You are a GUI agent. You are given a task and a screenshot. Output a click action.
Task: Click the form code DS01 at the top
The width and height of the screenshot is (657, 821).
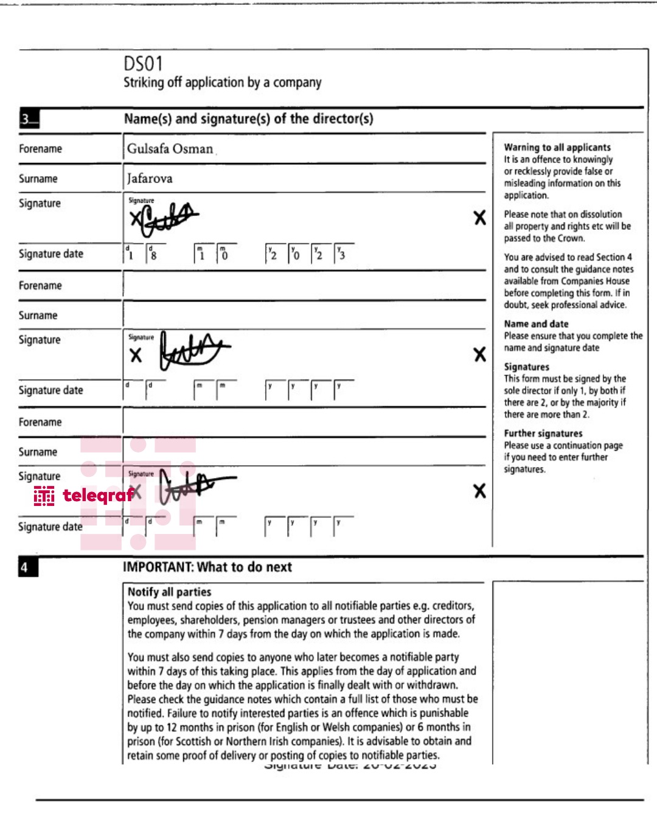pos(143,64)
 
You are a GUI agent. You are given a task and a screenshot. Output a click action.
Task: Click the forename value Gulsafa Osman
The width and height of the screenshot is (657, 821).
pos(170,149)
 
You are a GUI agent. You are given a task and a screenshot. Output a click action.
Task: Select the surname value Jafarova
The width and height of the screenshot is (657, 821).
pos(150,179)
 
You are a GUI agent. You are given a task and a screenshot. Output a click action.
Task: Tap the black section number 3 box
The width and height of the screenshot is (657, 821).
pos(29,119)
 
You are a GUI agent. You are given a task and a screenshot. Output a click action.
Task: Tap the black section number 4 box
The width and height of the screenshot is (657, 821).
pos(28,567)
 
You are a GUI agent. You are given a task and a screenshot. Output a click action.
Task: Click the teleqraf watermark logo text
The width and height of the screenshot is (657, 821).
pos(97,496)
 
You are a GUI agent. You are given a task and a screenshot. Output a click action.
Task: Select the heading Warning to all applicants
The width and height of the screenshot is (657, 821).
pos(557,147)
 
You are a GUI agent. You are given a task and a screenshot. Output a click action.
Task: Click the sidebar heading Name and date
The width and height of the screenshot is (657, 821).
pos(536,324)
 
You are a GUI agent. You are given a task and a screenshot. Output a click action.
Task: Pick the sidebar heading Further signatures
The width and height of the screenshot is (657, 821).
pos(543,434)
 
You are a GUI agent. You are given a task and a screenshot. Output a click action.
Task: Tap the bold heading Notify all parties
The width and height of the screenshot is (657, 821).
pos(169,592)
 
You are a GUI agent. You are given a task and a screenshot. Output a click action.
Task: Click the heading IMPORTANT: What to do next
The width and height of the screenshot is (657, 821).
pos(207,567)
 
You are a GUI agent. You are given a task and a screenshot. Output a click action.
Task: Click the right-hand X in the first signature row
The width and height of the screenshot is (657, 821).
pos(480,218)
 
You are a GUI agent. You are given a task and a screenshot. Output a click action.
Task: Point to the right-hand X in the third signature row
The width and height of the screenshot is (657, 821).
pos(480,491)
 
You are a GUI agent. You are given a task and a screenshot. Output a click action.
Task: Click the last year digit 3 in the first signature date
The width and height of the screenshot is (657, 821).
pos(342,255)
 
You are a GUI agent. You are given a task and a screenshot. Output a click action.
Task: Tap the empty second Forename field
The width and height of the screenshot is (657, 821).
pos(304,285)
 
